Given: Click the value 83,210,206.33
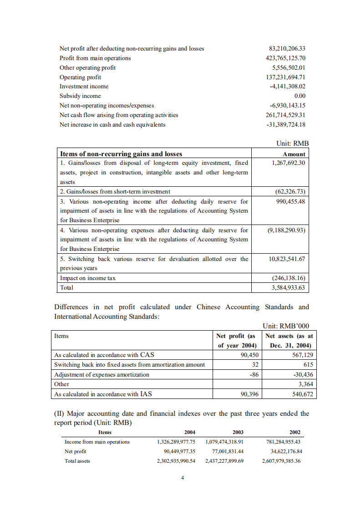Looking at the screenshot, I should (287, 48).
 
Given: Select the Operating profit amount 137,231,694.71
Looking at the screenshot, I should (285, 77).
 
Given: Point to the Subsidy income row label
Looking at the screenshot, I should (80, 96).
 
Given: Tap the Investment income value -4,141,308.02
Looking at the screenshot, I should (287, 87).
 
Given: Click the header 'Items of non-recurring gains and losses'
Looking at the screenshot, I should (121, 154).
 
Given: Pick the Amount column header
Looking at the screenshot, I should (294, 154).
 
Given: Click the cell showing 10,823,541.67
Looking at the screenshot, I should (287, 259).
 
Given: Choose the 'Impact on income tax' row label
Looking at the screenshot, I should (88, 278).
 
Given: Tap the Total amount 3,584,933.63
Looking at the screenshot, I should (288, 288).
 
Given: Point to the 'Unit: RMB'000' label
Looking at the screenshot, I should (286, 326).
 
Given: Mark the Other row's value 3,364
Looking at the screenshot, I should (305, 384).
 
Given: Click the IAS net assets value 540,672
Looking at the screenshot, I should (302, 394).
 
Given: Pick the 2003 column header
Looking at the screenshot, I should (238, 432).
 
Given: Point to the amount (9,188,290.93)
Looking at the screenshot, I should (286, 230).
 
